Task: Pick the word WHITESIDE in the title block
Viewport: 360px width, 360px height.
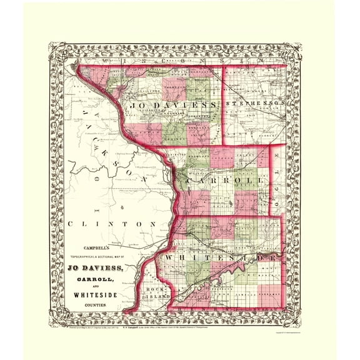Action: coord(102,296)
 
